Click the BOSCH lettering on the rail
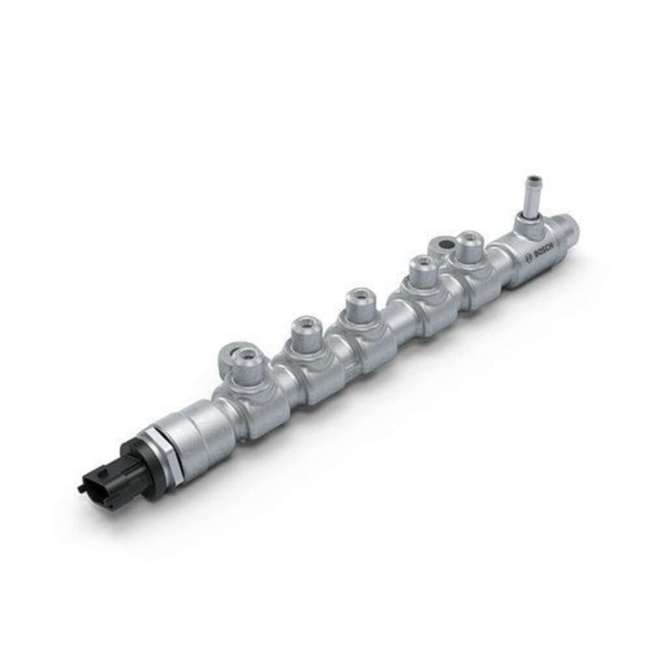click(x=542, y=253)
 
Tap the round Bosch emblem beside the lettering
click(x=528, y=262)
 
